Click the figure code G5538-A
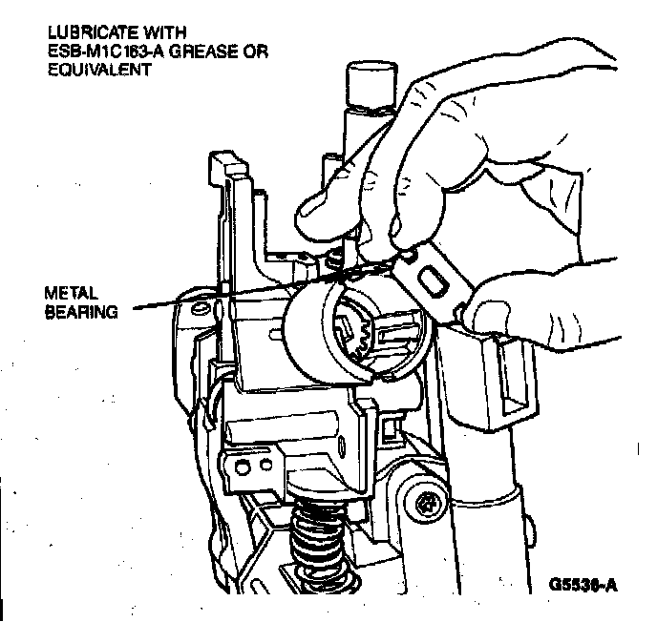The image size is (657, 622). tap(583, 581)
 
